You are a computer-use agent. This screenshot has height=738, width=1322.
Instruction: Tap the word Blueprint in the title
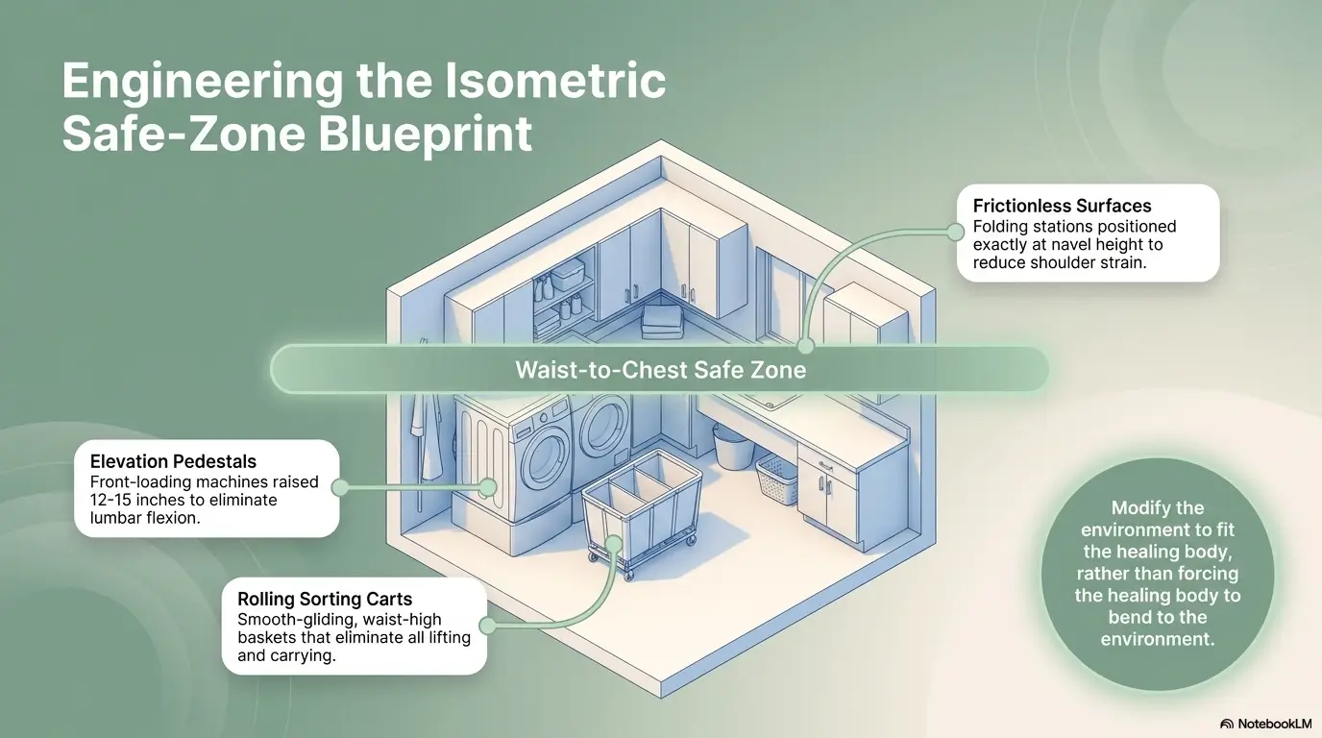(426, 134)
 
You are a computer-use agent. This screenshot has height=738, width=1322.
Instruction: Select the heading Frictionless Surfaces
(1062, 206)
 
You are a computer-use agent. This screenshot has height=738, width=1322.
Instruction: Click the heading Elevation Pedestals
(173, 461)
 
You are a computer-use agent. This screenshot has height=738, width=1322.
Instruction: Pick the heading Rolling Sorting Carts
(325, 599)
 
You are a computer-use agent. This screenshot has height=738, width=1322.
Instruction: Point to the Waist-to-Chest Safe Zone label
(660, 370)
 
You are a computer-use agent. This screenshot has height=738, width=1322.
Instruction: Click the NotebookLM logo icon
(1226, 724)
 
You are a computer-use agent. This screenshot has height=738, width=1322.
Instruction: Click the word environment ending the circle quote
(1158, 639)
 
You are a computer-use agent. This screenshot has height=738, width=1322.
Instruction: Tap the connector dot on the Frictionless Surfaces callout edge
(955, 232)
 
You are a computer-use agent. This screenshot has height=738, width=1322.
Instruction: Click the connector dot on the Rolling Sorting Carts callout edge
(487, 626)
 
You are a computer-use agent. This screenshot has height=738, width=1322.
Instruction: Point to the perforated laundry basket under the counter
(776, 479)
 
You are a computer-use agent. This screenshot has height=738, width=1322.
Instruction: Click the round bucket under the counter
(732, 447)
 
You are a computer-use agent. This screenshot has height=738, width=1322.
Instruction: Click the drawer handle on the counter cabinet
(825, 466)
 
